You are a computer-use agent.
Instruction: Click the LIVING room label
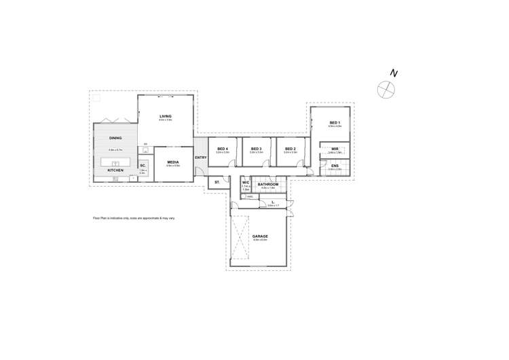pyautogui.click(x=166, y=116)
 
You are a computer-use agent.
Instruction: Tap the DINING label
pyautogui.click(x=115, y=138)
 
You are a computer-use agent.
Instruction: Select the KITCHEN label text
pyautogui.click(x=115, y=170)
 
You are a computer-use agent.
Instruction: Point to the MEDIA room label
pyautogui.click(x=173, y=162)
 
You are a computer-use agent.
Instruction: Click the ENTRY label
pyautogui.click(x=200, y=158)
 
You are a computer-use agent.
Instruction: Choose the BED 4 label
pyautogui.click(x=223, y=149)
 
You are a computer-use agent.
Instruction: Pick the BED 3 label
pyautogui.click(x=256, y=149)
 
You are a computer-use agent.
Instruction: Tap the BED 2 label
pyautogui.click(x=290, y=149)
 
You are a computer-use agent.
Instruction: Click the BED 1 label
pyautogui.click(x=335, y=122)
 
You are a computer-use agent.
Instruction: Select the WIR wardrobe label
pyautogui.click(x=335, y=149)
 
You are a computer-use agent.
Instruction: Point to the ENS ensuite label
pyautogui.click(x=335, y=165)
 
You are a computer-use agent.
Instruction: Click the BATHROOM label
pyautogui.click(x=268, y=184)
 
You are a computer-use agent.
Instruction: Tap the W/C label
pyautogui.click(x=246, y=182)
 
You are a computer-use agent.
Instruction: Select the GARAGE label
pyautogui.click(x=260, y=236)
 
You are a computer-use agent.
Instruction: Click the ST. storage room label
pyautogui.click(x=217, y=182)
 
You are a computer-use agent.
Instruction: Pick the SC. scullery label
pyautogui.click(x=143, y=166)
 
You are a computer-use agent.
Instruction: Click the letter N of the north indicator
pyautogui.click(x=394, y=73)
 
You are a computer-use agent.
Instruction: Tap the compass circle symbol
pyautogui.click(x=385, y=89)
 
